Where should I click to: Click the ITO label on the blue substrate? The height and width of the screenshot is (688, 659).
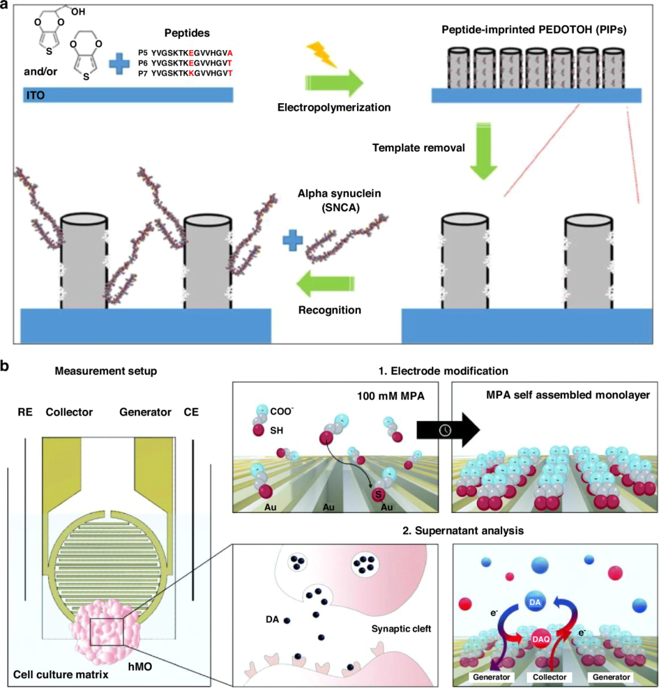click(35, 95)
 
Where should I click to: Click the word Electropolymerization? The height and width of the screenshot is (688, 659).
click(334, 107)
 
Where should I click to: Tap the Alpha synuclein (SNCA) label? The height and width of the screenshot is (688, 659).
click(339, 199)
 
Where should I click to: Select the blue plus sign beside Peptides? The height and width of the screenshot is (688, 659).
click(120, 63)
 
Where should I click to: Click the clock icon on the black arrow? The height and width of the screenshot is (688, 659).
click(445, 430)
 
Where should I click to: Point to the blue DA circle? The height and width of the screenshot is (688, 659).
click(535, 602)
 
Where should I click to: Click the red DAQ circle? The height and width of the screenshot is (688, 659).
click(540, 639)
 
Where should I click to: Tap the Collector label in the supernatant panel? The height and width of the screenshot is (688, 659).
click(549, 677)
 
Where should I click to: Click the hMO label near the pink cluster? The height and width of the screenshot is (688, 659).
click(140, 667)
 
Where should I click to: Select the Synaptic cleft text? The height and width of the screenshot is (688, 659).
click(401, 629)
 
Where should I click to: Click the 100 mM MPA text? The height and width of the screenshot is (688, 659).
click(391, 396)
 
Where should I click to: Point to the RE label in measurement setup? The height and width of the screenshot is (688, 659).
click(25, 412)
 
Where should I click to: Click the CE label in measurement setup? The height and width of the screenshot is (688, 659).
click(191, 412)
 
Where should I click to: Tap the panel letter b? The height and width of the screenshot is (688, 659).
click(5, 366)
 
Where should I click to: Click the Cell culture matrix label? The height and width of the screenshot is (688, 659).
click(61, 675)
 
